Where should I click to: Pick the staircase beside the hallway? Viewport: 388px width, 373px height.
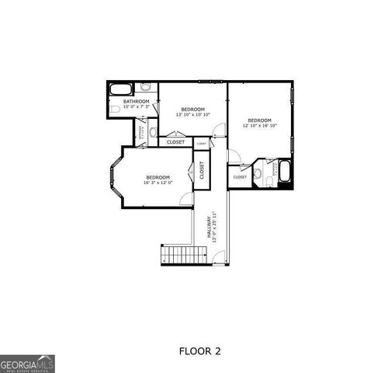[184, 255]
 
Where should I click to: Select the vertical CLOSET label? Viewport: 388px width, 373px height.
[202, 170]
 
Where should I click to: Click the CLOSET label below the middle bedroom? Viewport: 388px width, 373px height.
[176, 141]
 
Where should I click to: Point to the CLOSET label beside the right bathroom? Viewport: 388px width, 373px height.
[240, 177]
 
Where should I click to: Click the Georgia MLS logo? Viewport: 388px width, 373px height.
[27, 363]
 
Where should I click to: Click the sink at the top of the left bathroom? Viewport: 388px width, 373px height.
[145, 88]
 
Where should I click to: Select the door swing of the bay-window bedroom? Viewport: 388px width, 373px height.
[187, 199]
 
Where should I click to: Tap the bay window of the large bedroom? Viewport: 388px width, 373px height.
[114, 179]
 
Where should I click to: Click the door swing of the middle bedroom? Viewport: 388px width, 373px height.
[219, 130]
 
